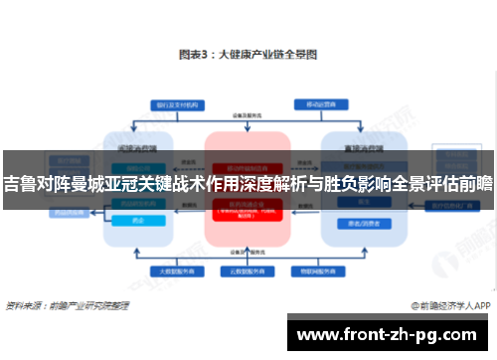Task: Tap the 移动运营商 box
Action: click(x=327, y=103)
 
